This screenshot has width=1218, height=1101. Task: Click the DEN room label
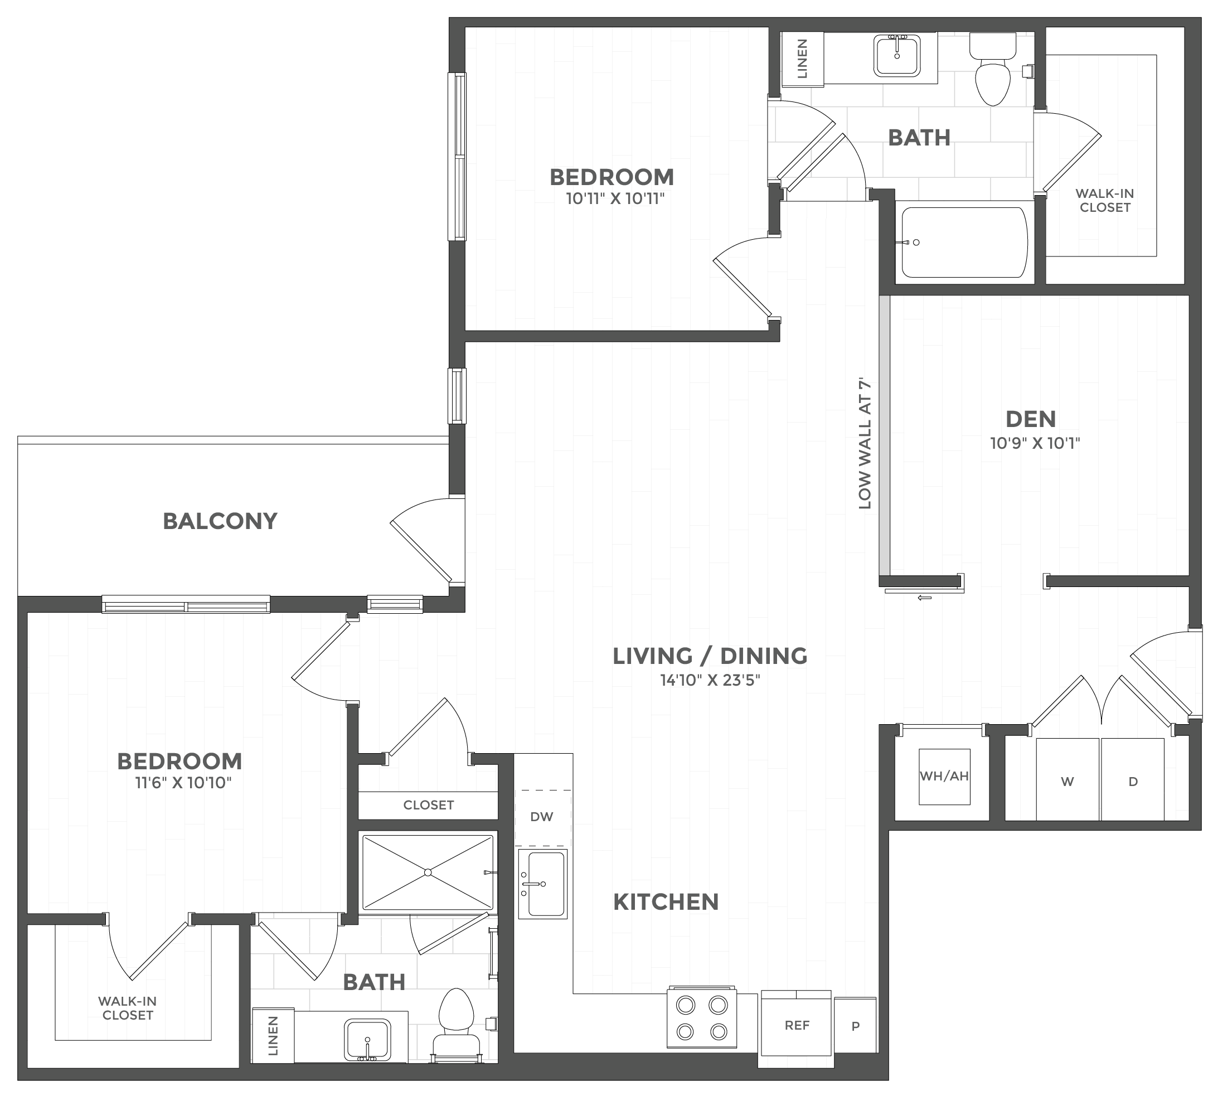(x=1030, y=419)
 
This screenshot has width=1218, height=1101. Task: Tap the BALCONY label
(x=220, y=521)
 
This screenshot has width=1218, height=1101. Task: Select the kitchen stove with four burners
(x=701, y=1018)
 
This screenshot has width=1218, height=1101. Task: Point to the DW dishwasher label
(x=541, y=817)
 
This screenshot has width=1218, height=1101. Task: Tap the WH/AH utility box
(x=944, y=777)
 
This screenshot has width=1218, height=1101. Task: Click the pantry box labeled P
(x=855, y=1026)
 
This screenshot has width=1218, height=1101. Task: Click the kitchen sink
(x=542, y=884)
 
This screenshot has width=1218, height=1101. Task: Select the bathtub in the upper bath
(x=964, y=242)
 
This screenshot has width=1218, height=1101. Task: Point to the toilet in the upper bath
(x=993, y=71)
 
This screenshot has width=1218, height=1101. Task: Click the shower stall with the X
(x=427, y=872)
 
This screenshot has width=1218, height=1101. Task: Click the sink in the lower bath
(x=367, y=1039)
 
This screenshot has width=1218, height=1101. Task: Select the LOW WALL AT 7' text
(x=865, y=444)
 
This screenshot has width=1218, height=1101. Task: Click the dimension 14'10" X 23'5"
(x=709, y=681)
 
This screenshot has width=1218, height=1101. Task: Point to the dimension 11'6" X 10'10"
(x=183, y=783)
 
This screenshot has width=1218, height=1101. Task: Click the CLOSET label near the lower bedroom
(x=428, y=805)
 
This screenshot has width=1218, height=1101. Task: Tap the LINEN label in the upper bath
(x=802, y=59)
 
